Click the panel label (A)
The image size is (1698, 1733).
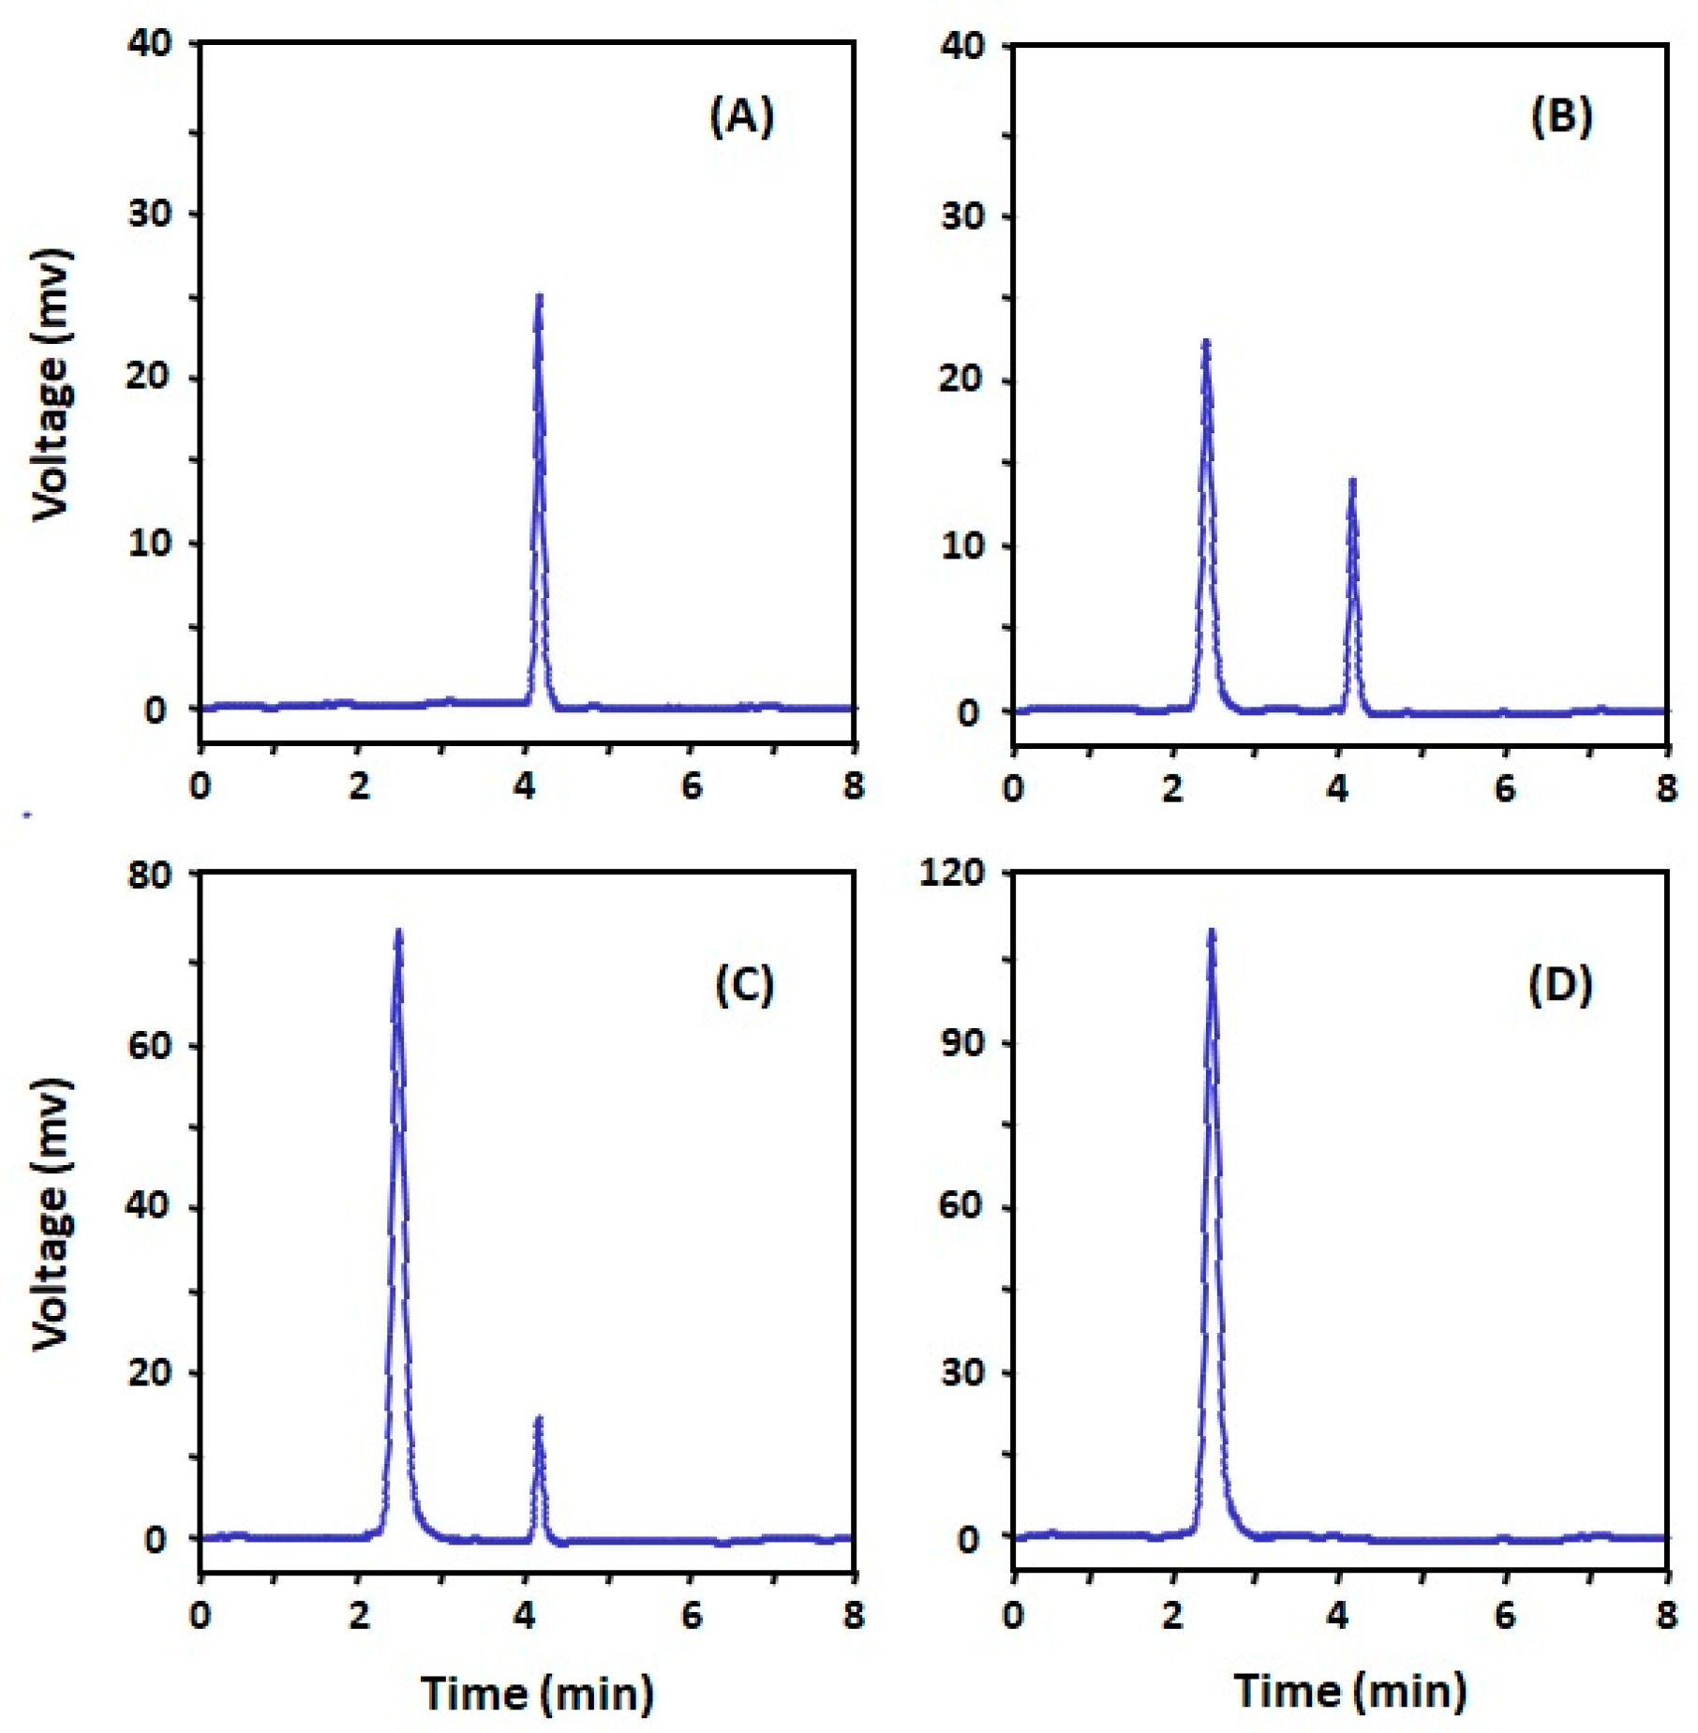tap(741, 117)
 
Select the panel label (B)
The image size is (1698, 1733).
tap(1561, 117)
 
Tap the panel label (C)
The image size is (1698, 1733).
tap(744, 985)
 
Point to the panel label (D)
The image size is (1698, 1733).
tap(1560, 985)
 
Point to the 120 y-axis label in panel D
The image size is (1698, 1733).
tap(952, 873)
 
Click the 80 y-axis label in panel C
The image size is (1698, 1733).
tap(150, 875)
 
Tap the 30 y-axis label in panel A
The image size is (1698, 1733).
tap(150, 214)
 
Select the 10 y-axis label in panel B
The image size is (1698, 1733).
tap(962, 546)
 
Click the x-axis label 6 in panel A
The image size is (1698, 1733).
tap(692, 785)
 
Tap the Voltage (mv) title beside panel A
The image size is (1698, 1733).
tap(52, 384)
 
